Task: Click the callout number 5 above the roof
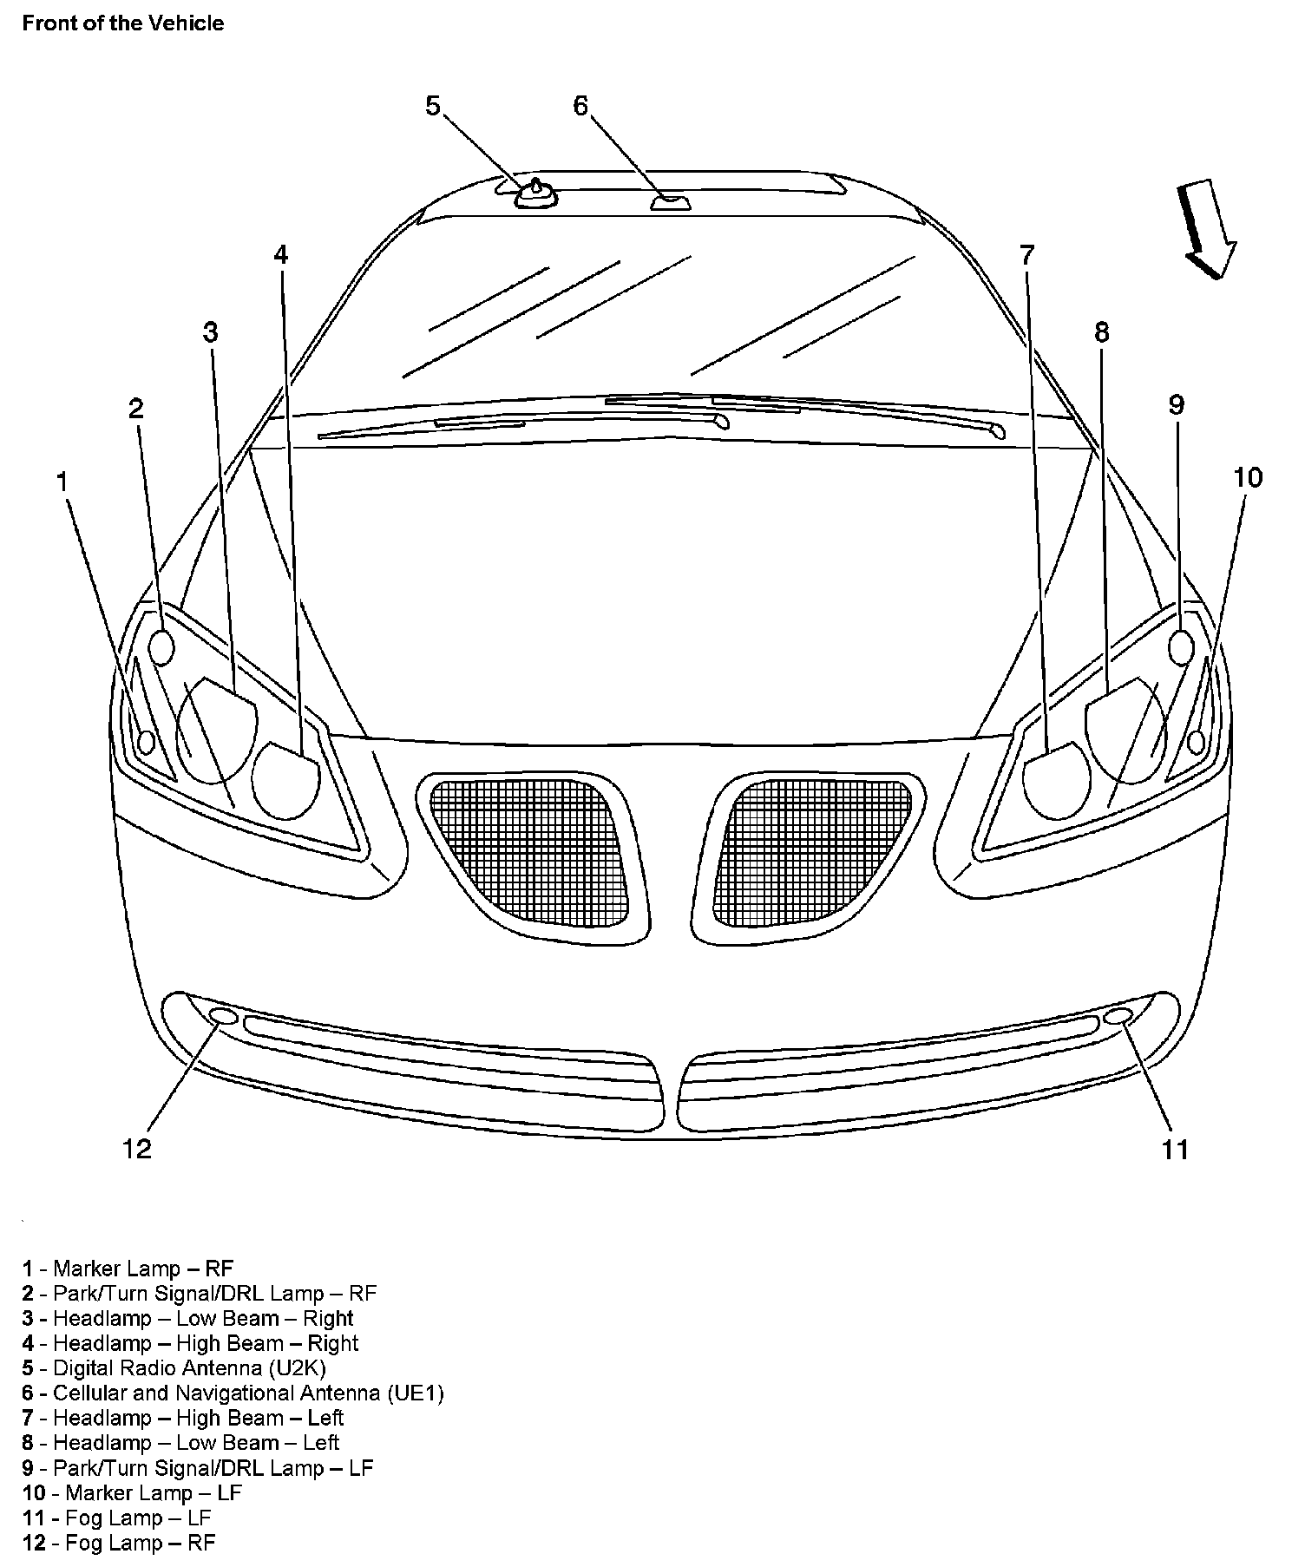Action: coord(433,106)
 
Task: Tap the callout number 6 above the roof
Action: coord(580,106)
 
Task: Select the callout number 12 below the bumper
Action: coord(137,1149)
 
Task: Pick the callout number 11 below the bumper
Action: coord(1175,1149)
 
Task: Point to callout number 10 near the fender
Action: coord(1248,477)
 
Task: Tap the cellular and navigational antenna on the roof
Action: coord(670,204)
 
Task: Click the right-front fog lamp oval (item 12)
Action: coord(223,1016)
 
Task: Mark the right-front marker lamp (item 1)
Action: coord(146,742)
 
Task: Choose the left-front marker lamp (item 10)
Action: coord(1197,742)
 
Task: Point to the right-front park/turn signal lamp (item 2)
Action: coord(162,647)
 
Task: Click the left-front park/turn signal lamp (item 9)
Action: coord(1181,647)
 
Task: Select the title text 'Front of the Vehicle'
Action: coord(123,23)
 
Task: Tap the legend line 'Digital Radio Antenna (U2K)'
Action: coord(174,1368)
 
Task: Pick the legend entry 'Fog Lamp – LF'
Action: coord(117,1518)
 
